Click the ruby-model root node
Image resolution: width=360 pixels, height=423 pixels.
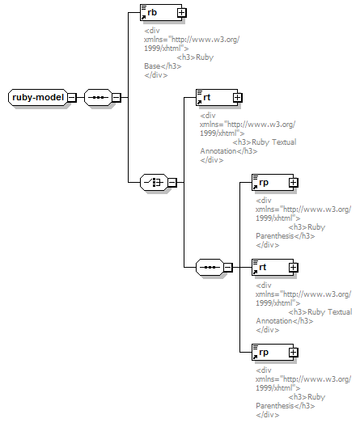click(x=38, y=97)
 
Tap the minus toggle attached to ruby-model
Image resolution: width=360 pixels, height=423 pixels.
click(x=72, y=97)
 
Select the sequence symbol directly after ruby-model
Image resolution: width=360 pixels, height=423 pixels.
click(x=98, y=97)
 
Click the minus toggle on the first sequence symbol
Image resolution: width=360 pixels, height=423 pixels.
click(x=116, y=97)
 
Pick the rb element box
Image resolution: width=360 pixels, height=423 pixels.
click(x=161, y=12)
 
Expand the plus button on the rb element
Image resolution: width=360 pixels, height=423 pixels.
click(x=182, y=12)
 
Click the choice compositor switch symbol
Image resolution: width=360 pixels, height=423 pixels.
click(x=154, y=182)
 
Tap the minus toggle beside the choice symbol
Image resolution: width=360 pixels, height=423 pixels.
click(x=172, y=182)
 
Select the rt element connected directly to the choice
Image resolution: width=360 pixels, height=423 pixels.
click(x=217, y=97)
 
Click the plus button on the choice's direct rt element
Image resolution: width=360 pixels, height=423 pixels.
click(x=238, y=97)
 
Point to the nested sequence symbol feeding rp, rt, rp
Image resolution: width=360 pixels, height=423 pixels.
click(x=210, y=268)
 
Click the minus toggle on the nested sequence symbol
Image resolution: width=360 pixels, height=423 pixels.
click(x=228, y=268)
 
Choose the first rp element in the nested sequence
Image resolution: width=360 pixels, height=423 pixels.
click(x=273, y=182)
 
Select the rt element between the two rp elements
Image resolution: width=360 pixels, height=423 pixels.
click(x=273, y=268)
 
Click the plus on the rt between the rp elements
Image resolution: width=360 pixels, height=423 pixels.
click(x=294, y=268)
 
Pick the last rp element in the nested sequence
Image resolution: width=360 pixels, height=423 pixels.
click(x=273, y=353)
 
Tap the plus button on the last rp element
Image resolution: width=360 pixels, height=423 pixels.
click(x=294, y=353)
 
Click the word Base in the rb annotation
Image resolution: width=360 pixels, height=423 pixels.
click(x=152, y=66)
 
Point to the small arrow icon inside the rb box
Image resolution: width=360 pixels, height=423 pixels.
click(x=143, y=17)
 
